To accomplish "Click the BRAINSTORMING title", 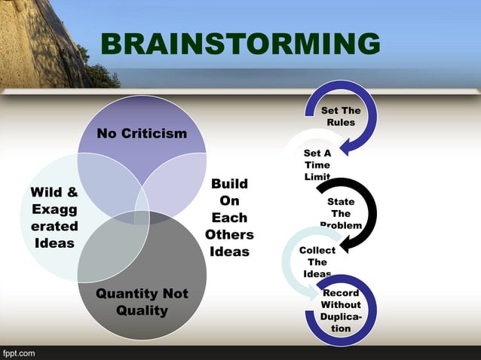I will click(x=240, y=44).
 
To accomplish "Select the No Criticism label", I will click(x=142, y=133).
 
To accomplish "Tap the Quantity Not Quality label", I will click(x=142, y=301).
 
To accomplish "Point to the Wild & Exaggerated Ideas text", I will click(x=54, y=217).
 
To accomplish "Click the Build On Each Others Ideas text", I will click(x=229, y=218).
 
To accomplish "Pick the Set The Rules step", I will click(x=341, y=117).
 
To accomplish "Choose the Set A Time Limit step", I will click(x=317, y=164).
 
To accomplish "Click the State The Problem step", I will click(x=341, y=213).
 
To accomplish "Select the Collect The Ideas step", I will click(x=317, y=261).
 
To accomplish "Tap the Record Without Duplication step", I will click(x=341, y=310).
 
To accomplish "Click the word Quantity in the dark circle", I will click(x=127, y=293).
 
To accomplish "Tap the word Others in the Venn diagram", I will click(x=229, y=234).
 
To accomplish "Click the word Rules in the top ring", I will click(x=341, y=123).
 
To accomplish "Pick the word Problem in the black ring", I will click(x=341, y=225).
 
